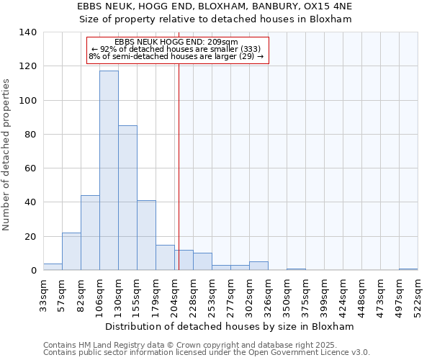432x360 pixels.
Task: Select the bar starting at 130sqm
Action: (127, 198)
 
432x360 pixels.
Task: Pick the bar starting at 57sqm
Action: (71, 251)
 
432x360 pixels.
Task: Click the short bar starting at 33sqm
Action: (53, 267)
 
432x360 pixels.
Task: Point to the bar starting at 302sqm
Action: (258, 266)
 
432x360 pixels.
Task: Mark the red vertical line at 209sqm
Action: (179, 180)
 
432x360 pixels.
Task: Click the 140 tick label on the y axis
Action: (28, 32)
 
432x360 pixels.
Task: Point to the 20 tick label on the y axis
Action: (31, 236)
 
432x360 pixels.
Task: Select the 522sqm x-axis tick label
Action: (418, 293)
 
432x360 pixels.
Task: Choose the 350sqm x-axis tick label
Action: (287, 293)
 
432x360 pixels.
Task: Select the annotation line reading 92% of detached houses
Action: (176, 49)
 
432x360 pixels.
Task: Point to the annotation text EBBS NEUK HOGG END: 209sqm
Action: (176, 42)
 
